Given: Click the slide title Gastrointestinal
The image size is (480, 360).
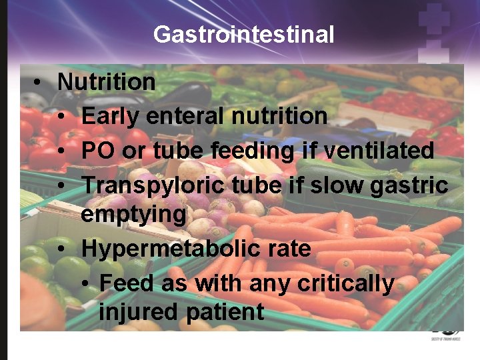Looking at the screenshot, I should point(243,34).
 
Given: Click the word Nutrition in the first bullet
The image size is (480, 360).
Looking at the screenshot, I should point(107,82).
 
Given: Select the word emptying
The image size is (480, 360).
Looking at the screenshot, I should point(134,215).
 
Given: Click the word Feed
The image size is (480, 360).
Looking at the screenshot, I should point(128,283).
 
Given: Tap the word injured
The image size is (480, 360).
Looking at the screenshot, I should point(138,311).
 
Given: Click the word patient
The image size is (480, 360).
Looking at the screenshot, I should point(223,311).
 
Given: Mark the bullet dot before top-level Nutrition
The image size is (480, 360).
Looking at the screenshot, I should point(39,83).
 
